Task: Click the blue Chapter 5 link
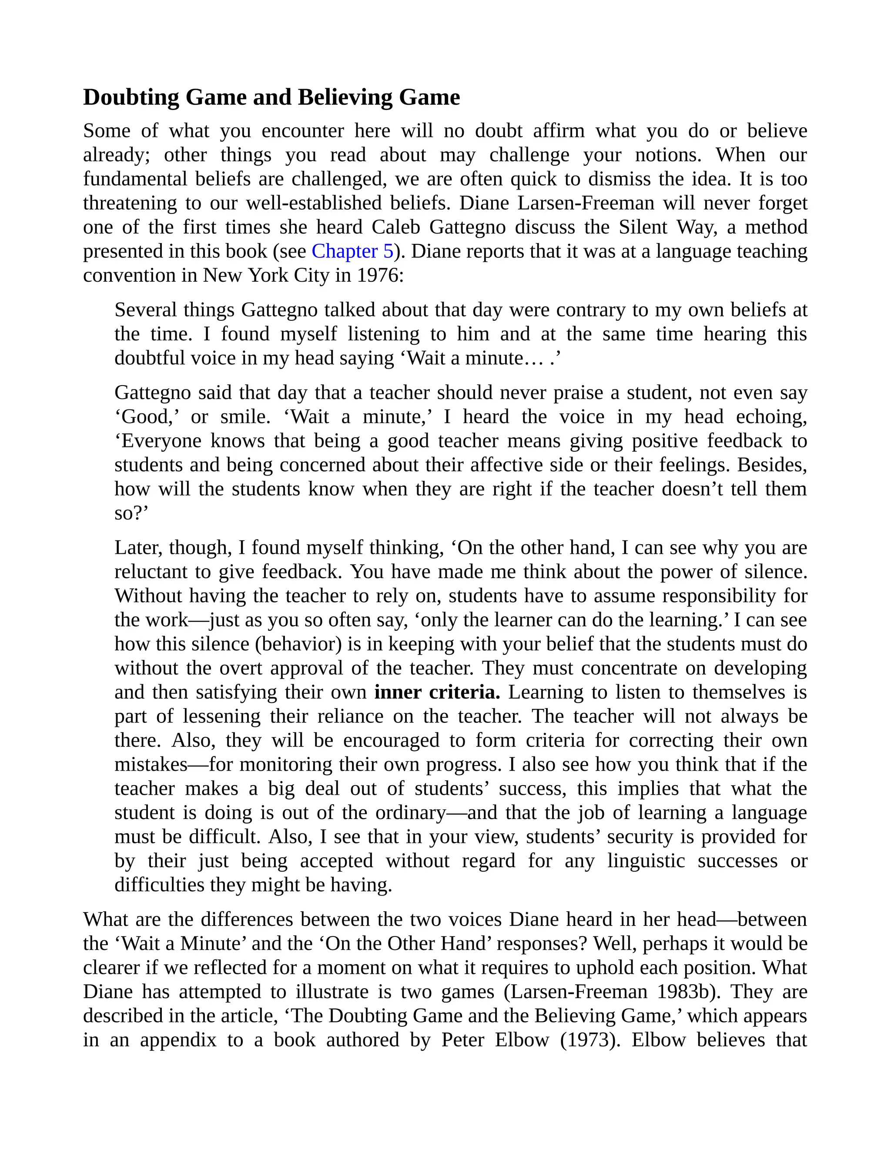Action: point(352,252)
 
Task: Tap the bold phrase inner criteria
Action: point(437,692)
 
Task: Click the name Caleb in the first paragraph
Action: point(396,227)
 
